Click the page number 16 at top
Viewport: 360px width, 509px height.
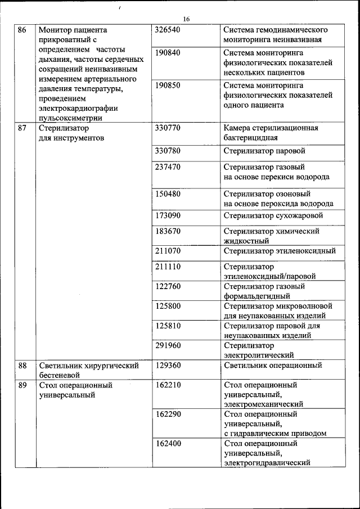tap(186, 19)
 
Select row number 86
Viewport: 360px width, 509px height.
tap(22, 30)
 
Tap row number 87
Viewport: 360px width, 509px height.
tap(22, 128)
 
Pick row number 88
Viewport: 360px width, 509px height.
tap(22, 366)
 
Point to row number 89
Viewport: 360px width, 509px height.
tap(22, 385)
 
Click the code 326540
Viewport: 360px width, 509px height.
tap(167, 30)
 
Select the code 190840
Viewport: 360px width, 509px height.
tap(167, 52)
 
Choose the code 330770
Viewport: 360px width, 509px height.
tap(167, 128)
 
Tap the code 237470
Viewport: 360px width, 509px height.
tap(167, 167)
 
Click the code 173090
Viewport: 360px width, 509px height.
tap(167, 215)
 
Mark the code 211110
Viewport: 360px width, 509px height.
tap(167, 266)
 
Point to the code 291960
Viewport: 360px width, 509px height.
tap(167, 345)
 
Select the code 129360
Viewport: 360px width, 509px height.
tap(167, 366)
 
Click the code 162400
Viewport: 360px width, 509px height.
tap(167, 443)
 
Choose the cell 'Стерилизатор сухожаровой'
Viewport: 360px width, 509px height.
tap(273, 215)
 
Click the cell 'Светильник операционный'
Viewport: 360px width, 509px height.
tap(272, 366)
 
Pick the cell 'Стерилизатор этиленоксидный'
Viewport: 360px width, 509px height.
tap(280, 251)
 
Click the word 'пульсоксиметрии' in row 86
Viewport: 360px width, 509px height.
tap(70, 118)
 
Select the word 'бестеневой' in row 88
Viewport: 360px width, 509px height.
tap(60, 375)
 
